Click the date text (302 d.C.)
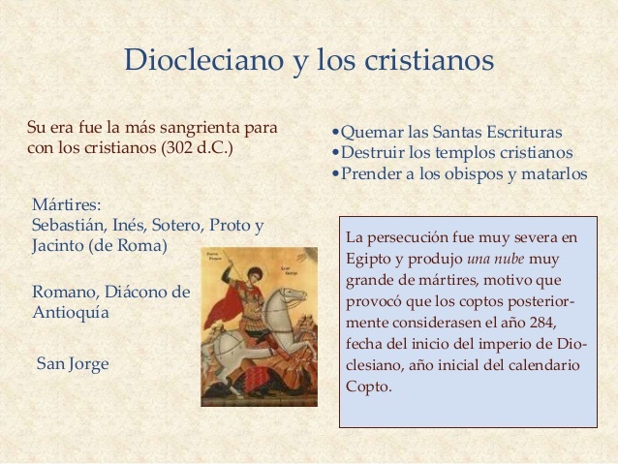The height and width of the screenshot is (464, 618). click(x=198, y=149)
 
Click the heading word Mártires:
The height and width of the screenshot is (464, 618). click(x=67, y=204)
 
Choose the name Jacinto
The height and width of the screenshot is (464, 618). click(x=57, y=245)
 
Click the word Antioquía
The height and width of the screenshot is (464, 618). click(x=71, y=313)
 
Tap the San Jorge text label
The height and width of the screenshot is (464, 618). click(x=73, y=364)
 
